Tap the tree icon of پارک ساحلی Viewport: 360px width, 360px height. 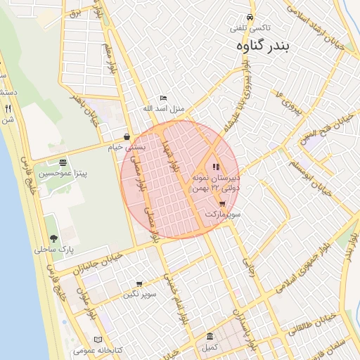click(53, 239)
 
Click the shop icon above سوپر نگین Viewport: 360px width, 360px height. click(139, 285)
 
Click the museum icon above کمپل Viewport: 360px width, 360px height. click(210, 337)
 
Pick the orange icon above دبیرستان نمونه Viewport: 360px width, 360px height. click(215, 167)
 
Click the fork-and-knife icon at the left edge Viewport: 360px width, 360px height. click(8, 109)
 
